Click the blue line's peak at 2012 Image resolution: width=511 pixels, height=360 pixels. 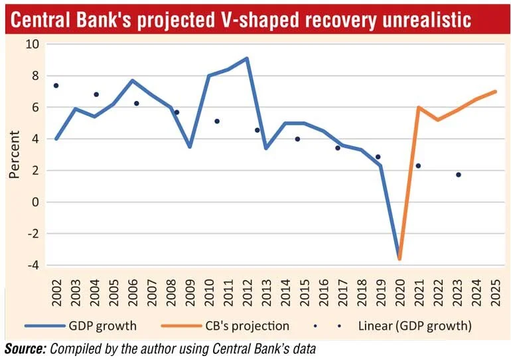coord(247,58)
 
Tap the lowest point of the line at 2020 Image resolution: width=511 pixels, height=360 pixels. coord(400,259)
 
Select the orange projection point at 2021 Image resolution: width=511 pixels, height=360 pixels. coord(419,108)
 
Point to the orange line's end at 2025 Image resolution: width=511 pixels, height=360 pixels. coord(495,92)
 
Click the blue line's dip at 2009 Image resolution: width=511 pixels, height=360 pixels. coord(190,147)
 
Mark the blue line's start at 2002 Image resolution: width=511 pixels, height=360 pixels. coord(56,139)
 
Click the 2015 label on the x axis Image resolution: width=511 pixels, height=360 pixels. coord(305,292)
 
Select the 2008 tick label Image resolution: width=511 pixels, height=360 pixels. coord(171,292)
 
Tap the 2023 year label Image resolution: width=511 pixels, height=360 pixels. coord(457,292)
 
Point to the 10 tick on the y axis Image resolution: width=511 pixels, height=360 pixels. coord(32,44)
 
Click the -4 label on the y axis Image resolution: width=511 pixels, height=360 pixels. coord(33,265)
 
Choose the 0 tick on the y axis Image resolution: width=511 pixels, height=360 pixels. coord(36,202)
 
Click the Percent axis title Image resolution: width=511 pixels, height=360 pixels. coord(15,155)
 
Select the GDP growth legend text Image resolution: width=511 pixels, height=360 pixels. coord(103,325)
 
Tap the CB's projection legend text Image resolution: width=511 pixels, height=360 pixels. coord(248,325)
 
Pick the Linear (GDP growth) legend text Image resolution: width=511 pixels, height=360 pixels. coord(415,325)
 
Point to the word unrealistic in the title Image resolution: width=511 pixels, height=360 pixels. coord(427,19)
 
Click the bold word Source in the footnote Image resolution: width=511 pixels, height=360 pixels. coord(25,349)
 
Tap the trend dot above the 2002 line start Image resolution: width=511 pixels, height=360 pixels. coord(56,86)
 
